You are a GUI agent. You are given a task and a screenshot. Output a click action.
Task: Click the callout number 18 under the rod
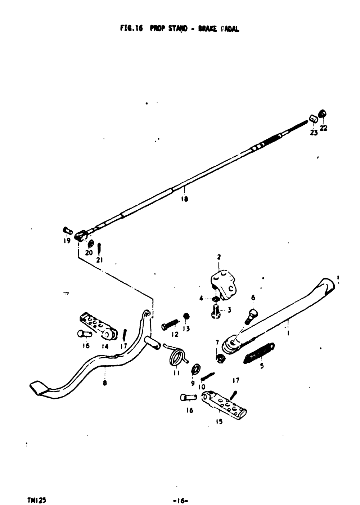pyautogui.click(x=185, y=199)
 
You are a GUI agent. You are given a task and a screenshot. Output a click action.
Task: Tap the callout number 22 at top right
pyautogui.click(x=324, y=128)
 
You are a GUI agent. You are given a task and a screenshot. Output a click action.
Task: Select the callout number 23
pyautogui.click(x=314, y=133)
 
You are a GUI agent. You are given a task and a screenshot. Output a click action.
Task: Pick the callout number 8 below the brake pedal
pyautogui.click(x=104, y=383)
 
